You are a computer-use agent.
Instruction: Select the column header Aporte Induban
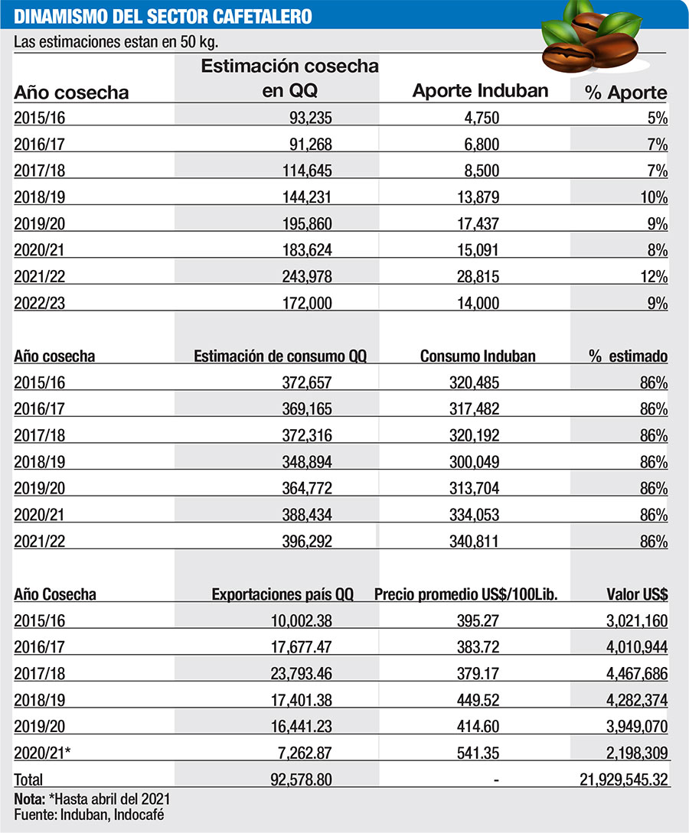tap(480, 90)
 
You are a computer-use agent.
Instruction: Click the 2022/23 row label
tap(40, 303)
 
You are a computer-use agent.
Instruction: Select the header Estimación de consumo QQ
tap(280, 356)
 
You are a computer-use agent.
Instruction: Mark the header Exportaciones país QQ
tap(282, 594)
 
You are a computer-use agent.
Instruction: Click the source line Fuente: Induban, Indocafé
tap(89, 815)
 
